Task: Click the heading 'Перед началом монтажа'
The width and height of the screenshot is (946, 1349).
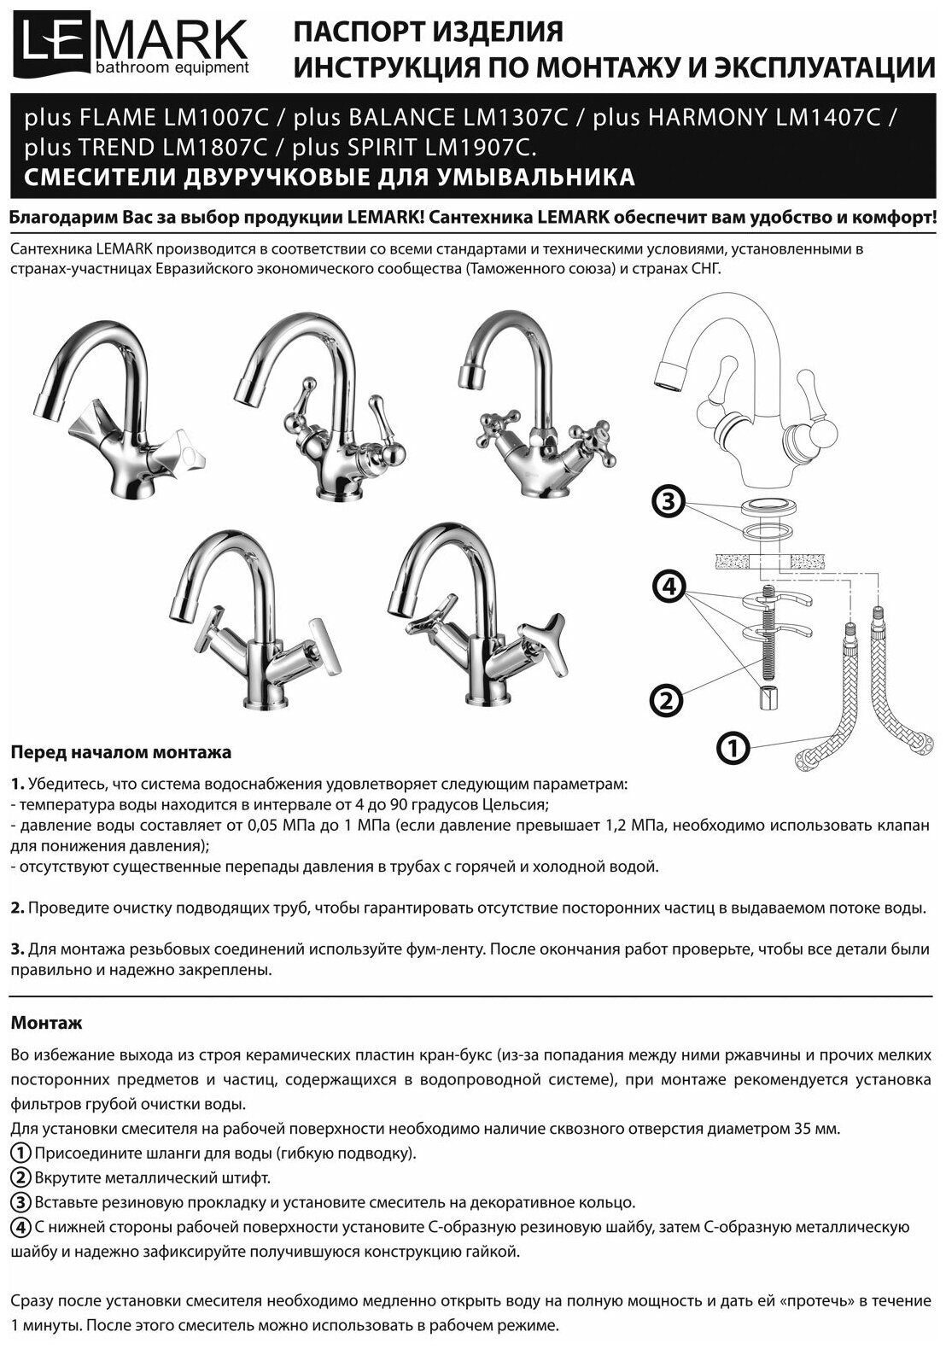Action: click(120, 753)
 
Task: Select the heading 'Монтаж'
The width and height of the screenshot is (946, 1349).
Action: click(46, 1022)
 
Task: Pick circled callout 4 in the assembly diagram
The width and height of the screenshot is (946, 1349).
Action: click(669, 587)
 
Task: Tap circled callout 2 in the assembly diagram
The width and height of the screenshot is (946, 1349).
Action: click(667, 701)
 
